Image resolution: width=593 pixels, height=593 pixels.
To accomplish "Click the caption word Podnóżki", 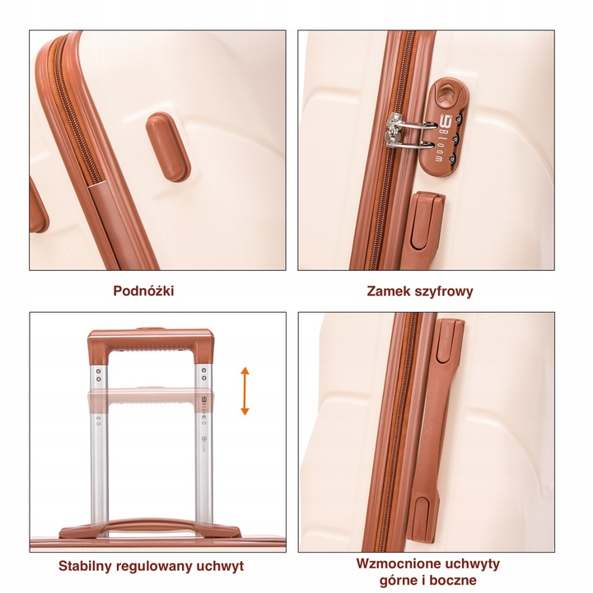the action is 143,291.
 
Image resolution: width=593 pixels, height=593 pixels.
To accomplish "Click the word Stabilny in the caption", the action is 85,566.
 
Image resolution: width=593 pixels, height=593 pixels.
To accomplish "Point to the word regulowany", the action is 154,567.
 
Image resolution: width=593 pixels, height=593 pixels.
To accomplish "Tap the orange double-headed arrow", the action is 245,391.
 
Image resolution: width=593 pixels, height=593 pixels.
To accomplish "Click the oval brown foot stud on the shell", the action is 168,147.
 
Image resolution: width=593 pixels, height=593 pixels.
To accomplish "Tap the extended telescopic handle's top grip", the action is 151,343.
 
